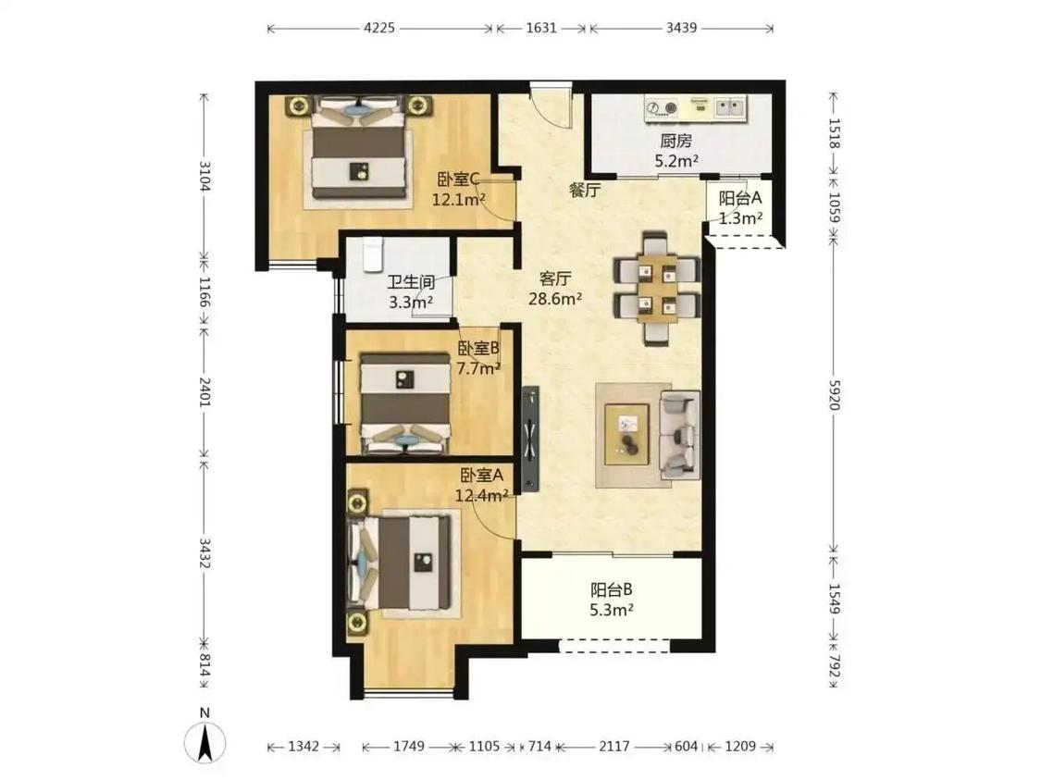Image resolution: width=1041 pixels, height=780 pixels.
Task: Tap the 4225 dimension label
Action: tap(379, 28)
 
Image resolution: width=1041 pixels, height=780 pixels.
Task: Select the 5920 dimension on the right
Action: tap(835, 394)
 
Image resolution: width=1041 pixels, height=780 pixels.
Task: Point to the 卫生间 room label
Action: tap(411, 283)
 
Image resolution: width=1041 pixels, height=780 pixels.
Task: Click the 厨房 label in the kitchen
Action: tap(675, 141)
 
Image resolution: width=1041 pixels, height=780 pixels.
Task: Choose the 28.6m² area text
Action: tap(555, 299)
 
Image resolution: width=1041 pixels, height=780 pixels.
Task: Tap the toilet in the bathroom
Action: tap(373, 254)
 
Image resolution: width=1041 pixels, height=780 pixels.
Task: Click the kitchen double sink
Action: tap(730, 106)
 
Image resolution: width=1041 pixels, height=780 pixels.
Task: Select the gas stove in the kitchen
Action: tap(662, 107)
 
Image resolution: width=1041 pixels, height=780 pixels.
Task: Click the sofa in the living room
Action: tap(680, 435)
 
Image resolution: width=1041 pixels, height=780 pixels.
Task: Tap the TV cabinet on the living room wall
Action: tap(530, 440)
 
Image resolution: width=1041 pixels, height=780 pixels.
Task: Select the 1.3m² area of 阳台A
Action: tap(741, 217)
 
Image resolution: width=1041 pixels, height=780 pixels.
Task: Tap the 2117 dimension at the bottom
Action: tap(614, 746)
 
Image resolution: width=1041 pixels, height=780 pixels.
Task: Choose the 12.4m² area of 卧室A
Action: tap(482, 495)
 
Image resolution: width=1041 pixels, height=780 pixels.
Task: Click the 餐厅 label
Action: tap(585, 191)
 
